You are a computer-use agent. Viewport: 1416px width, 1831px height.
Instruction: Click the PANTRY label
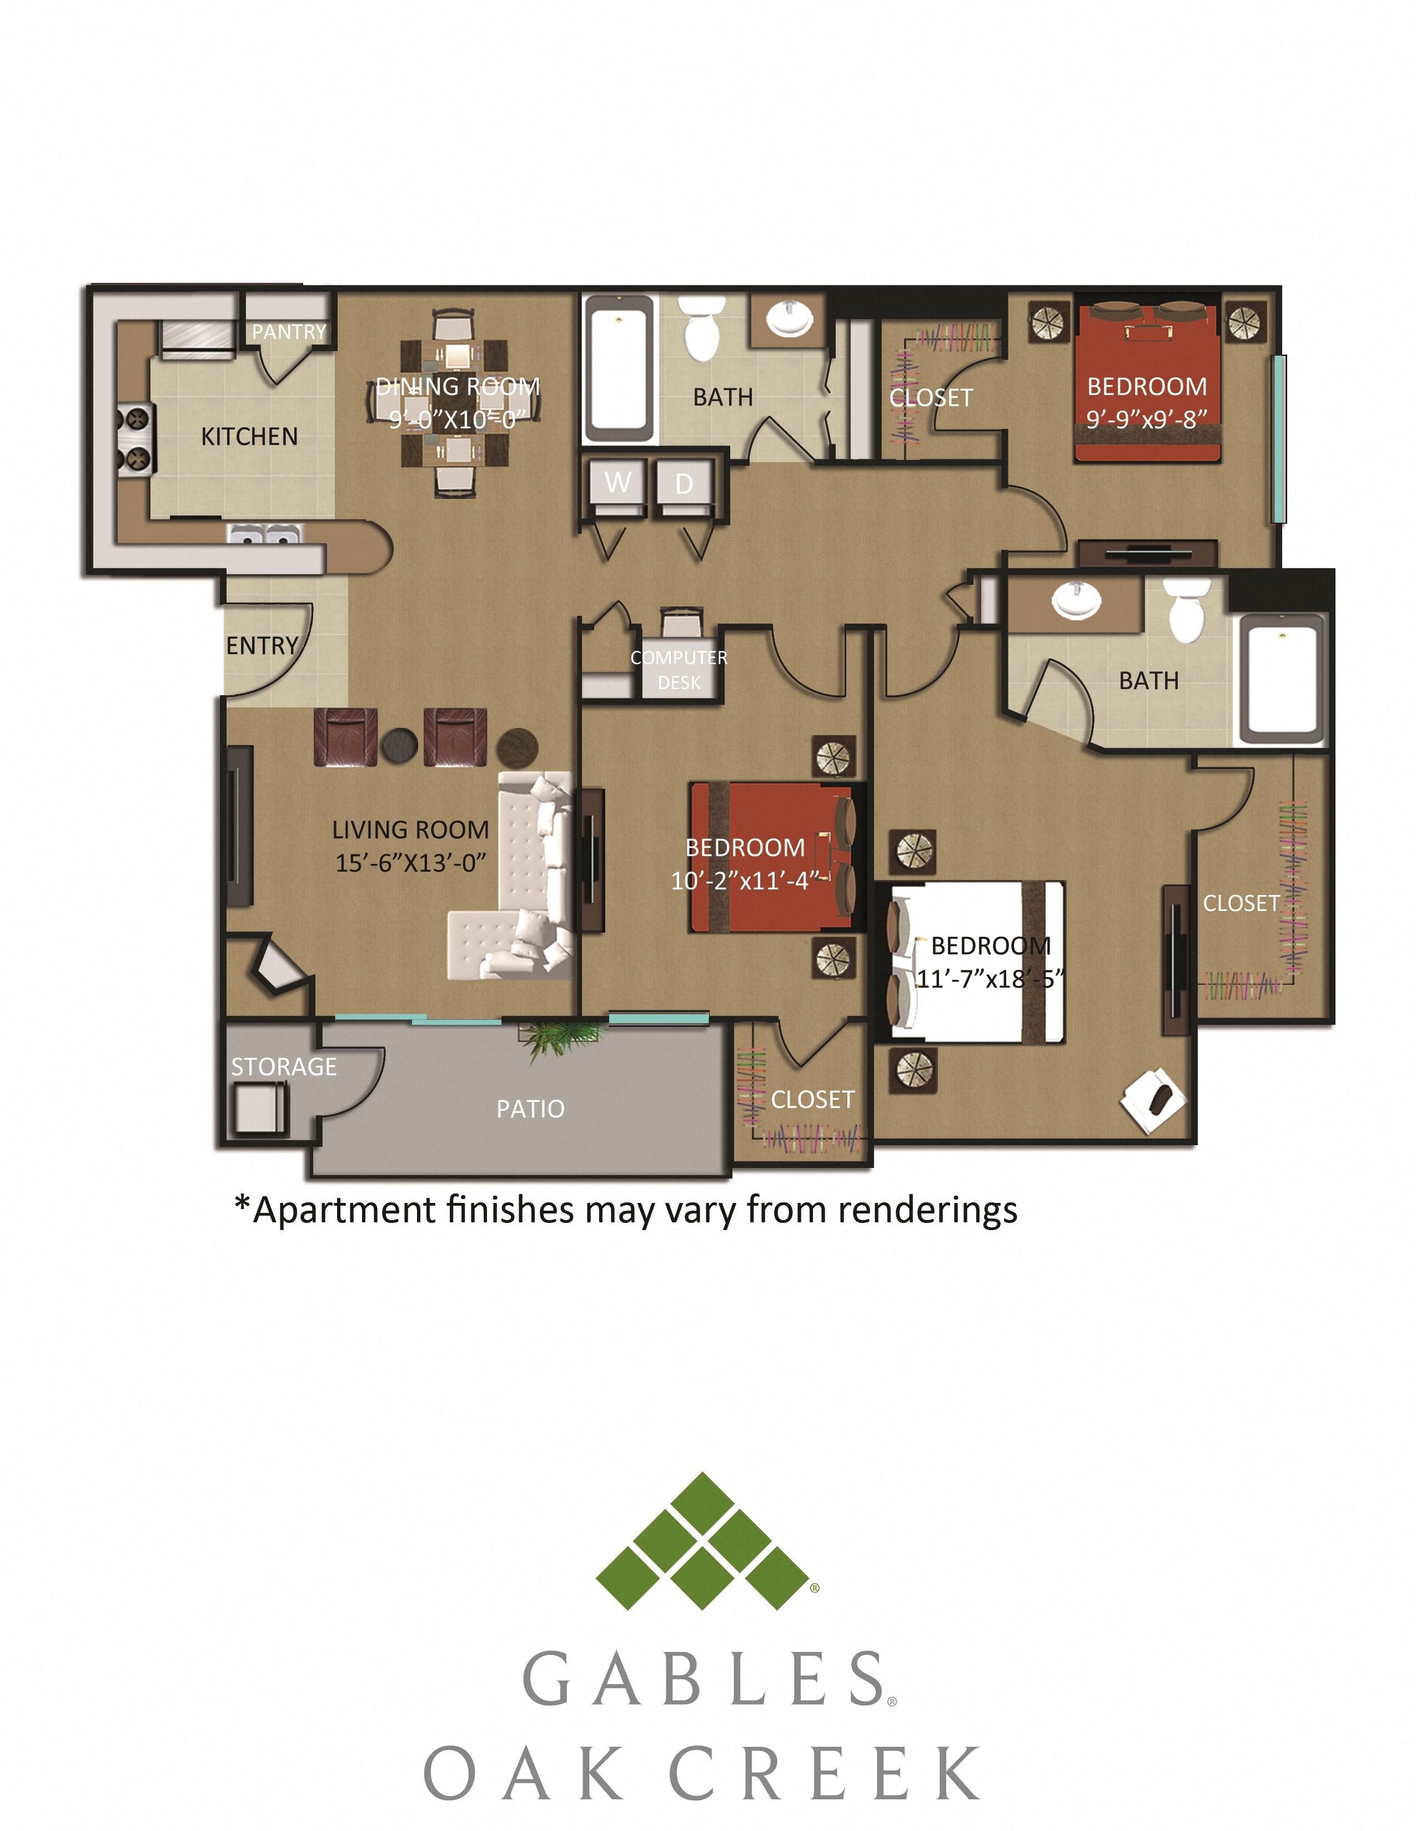coord(289,332)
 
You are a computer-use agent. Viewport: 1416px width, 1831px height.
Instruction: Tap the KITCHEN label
coord(249,437)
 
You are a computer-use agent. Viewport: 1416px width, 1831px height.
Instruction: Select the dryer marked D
coord(684,484)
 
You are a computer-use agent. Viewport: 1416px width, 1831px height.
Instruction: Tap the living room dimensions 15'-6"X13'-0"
coord(410,863)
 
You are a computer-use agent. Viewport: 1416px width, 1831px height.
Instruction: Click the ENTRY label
coord(262,645)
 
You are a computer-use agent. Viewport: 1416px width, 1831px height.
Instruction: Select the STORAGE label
coord(284,1066)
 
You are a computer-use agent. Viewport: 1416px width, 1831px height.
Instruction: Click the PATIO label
coord(530,1109)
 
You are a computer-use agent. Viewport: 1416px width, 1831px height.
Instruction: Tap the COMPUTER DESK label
coord(679,670)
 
